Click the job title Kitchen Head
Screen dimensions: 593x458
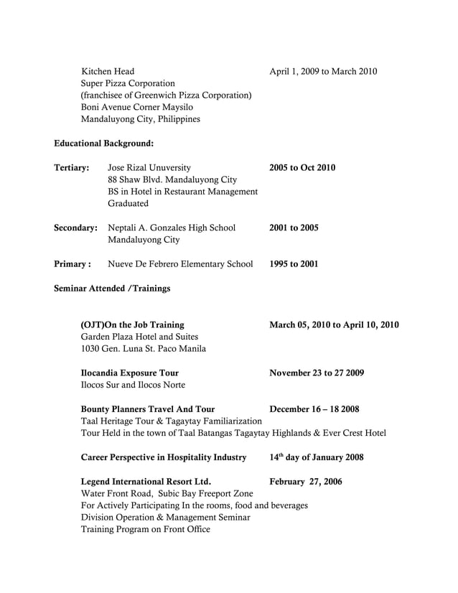tap(107, 71)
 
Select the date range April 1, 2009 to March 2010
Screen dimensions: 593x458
tap(322, 71)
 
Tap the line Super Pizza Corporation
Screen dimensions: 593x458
tap(128, 83)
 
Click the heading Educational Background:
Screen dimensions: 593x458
tap(103, 144)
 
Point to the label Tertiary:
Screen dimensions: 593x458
tap(71, 168)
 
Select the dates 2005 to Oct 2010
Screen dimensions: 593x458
tap(302, 168)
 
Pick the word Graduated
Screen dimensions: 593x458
tap(128, 204)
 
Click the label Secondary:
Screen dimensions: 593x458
tap(75, 228)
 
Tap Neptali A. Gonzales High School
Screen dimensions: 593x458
tap(172, 228)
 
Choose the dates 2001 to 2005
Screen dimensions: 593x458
tap(294, 228)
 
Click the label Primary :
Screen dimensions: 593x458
tap(72, 264)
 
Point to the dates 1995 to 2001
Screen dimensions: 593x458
tap(294, 264)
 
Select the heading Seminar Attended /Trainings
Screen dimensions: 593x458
tap(112, 289)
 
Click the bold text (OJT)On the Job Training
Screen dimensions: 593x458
tap(132, 324)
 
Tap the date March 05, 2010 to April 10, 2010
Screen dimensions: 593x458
tap(334, 324)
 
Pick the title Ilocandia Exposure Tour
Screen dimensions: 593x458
tap(130, 373)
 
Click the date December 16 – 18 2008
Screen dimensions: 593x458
tap(314, 409)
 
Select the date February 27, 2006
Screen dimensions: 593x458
tap(306, 482)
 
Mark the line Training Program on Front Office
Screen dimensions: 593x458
tap(146, 530)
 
